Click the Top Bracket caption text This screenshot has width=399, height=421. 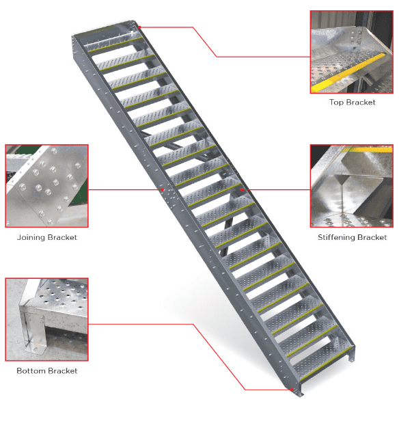352,103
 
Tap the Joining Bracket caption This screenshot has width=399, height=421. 47,237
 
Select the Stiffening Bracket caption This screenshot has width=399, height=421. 352,237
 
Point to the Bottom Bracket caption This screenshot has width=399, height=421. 47,371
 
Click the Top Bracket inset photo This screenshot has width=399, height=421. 352,52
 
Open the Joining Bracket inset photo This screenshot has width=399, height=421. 46,186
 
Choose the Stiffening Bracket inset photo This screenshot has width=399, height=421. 352,186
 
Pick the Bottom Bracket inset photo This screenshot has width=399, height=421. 46,320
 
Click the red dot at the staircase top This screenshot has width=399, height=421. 139,27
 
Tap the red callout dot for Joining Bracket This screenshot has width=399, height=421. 163,190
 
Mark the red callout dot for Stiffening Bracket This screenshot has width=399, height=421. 242,190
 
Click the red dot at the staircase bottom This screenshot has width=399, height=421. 292,390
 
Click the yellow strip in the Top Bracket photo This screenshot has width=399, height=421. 349,72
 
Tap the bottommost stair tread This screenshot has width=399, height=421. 322,362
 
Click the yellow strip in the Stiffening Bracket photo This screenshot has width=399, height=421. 368,149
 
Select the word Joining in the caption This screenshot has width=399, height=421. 31,237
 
